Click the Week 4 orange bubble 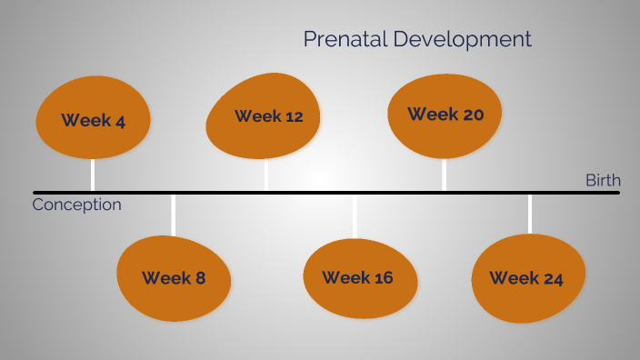point(92,117)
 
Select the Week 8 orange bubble point(173,277)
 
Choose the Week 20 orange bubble point(445,114)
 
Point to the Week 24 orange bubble point(527,277)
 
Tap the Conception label point(76,205)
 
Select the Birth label point(602,180)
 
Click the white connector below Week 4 point(92,175)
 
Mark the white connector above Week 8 point(173,215)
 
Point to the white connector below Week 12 point(265,175)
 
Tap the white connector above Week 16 point(355,216)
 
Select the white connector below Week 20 point(444,174)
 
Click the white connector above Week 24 point(530,215)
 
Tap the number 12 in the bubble point(291,116)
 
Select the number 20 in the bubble point(472,115)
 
